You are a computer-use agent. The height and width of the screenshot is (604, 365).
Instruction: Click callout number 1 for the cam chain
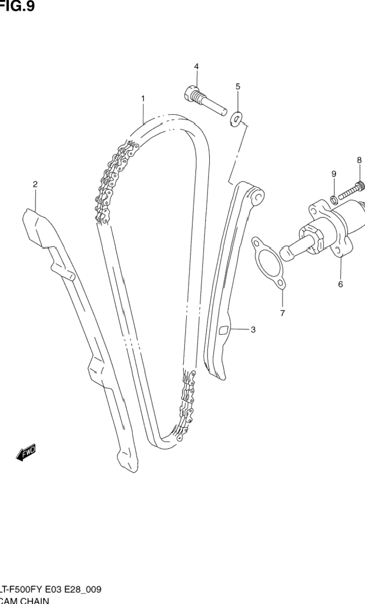point(143,98)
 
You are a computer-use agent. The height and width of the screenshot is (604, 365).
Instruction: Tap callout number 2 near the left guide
point(35,184)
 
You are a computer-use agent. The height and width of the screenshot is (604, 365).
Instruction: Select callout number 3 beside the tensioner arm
point(253,330)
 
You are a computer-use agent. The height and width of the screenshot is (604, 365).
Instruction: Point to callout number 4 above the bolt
point(196,66)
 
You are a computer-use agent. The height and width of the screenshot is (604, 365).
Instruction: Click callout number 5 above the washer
point(238,87)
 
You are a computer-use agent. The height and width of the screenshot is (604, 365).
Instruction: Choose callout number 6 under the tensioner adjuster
point(340,284)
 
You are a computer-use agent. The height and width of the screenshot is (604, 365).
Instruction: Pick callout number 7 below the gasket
point(282,313)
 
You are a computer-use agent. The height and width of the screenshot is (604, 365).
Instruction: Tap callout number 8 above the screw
point(359,160)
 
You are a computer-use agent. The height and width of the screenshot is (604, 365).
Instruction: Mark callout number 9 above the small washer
point(333,174)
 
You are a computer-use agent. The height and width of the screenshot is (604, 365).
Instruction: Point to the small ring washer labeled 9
point(333,198)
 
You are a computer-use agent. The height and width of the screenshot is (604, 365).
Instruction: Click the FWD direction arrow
point(26,453)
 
